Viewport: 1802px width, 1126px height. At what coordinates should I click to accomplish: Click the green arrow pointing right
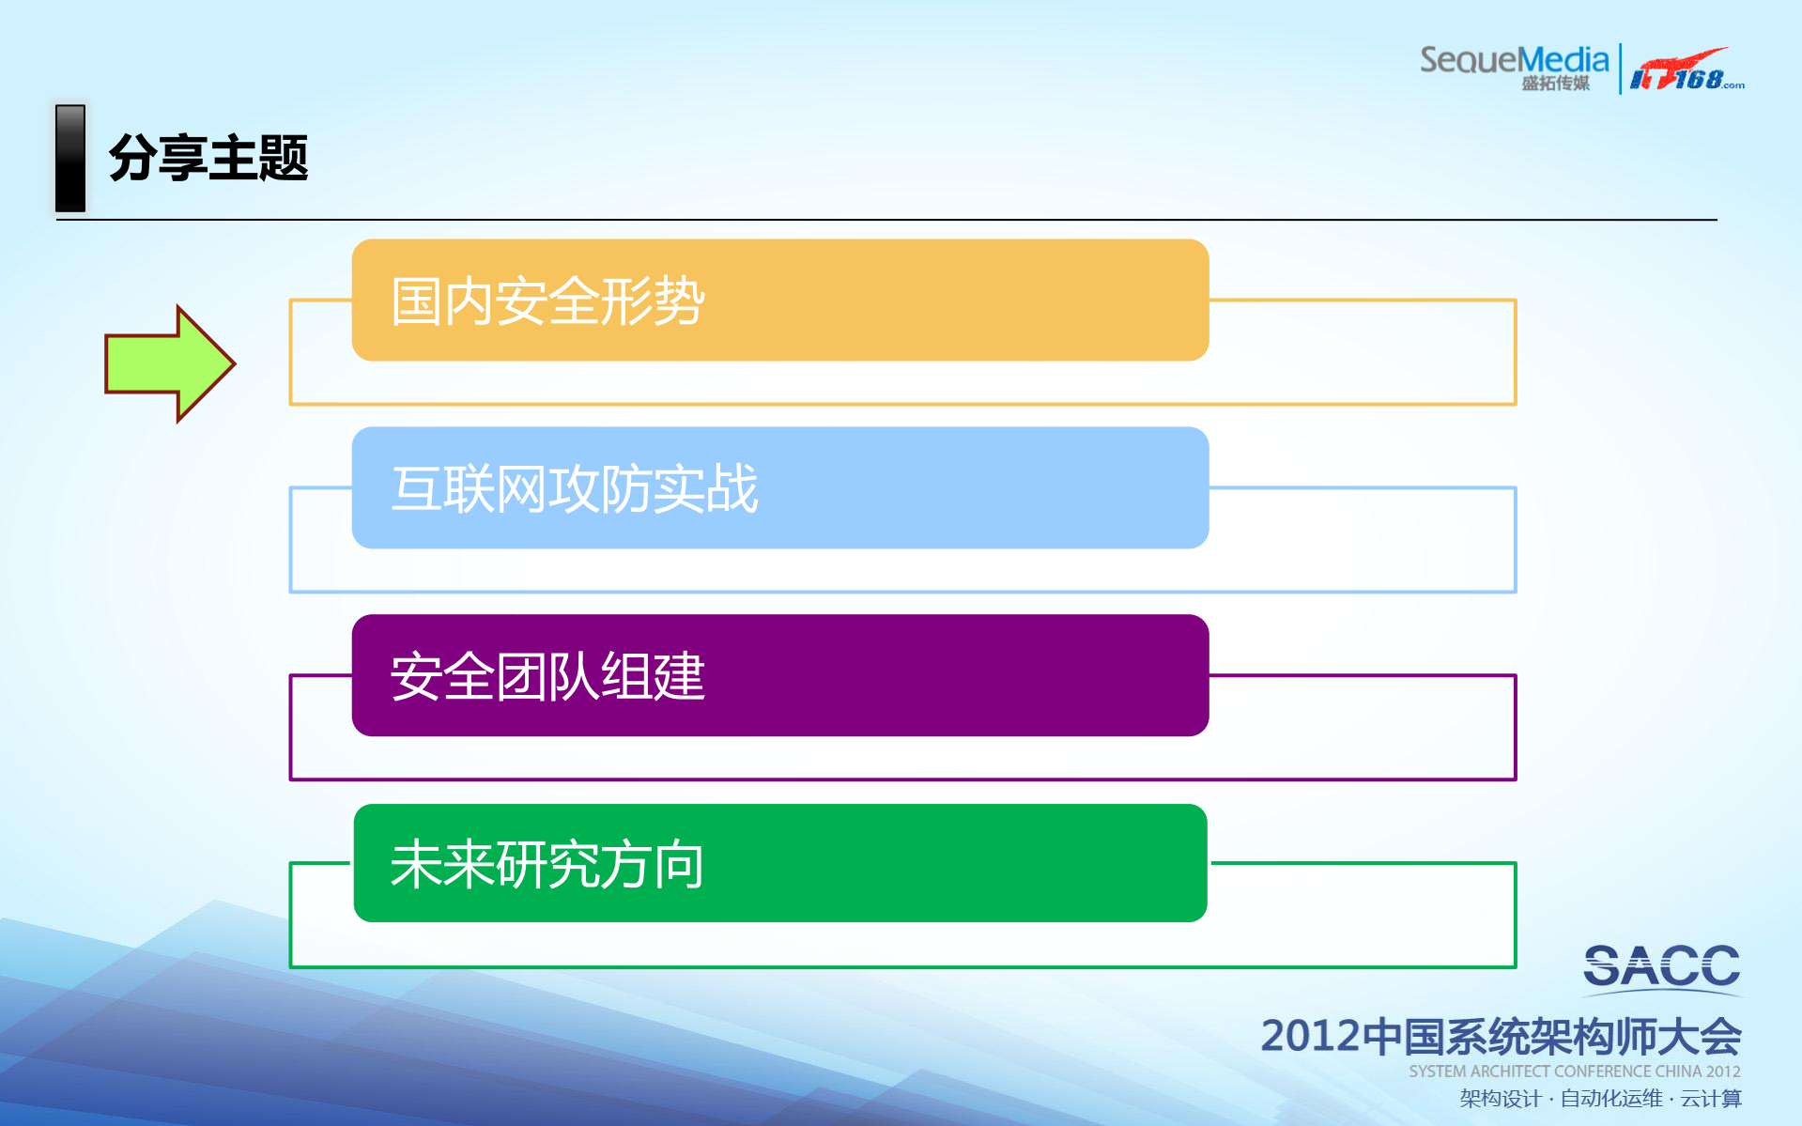pyautogui.click(x=169, y=363)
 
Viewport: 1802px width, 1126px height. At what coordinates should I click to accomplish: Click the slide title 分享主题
pyautogui.click(x=208, y=158)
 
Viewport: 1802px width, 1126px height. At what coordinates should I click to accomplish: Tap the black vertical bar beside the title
pyautogui.click(x=70, y=158)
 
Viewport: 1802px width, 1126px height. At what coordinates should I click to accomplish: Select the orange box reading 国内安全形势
pyautogui.click(x=779, y=301)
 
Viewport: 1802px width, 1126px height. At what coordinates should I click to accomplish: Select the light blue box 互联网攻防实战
pyautogui.click(x=779, y=487)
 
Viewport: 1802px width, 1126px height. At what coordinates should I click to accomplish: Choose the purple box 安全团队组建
pyautogui.click(x=779, y=675)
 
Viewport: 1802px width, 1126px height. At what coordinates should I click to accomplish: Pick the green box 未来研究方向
pyautogui.click(x=779, y=863)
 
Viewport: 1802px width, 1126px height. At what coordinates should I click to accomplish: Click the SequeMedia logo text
pyautogui.click(x=1514, y=60)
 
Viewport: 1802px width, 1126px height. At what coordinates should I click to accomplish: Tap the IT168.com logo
pyautogui.click(x=1686, y=70)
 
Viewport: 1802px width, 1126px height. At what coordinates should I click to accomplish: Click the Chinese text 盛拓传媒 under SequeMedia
pyautogui.click(x=1555, y=84)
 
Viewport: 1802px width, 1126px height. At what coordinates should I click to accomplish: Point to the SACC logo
pyautogui.click(x=1661, y=967)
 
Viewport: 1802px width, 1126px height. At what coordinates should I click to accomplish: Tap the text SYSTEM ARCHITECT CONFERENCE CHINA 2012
pyautogui.click(x=1574, y=1072)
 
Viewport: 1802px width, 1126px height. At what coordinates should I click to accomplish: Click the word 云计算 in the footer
pyautogui.click(x=1711, y=1099)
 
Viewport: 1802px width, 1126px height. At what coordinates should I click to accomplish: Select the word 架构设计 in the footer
pyautogui.click(x=1500, y=1099)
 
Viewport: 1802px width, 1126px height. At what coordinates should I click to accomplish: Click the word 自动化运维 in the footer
pyautogui.click(x=1610, y=1099)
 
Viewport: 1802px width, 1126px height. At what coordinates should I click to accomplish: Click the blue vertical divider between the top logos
pyautogui.click(x=1620, y=68)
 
